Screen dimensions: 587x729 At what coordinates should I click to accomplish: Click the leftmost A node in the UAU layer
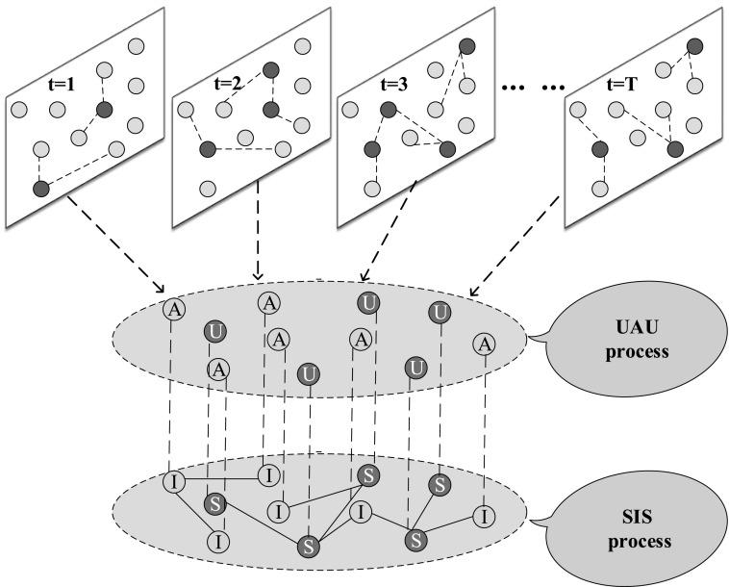pos(173,309)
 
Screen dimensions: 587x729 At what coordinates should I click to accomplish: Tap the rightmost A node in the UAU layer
pos(485,345)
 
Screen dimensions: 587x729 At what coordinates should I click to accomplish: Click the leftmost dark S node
pos(215,504)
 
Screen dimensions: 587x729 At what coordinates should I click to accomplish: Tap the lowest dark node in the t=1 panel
pos(40,189)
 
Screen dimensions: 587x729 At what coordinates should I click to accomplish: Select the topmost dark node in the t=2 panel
pos(271,69)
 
